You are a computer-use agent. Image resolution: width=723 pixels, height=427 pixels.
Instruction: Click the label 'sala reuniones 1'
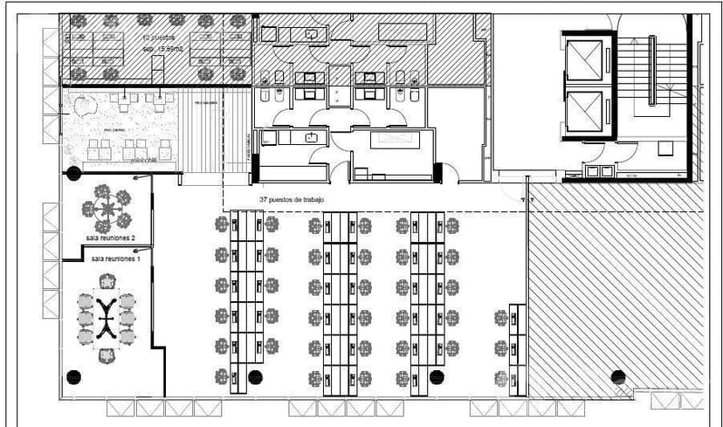[x=114, y=260]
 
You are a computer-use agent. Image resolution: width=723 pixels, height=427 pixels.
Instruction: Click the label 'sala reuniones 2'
[x=110, y=237]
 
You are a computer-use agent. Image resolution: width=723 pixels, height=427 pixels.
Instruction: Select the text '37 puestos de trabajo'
[x=292, y=200]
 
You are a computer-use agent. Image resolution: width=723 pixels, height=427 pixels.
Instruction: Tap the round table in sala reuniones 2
[x=107, y=209]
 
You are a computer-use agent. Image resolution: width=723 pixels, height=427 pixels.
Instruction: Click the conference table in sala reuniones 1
[x=107, y=318]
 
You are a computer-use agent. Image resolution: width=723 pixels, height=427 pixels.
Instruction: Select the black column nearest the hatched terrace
[x=618, y=377]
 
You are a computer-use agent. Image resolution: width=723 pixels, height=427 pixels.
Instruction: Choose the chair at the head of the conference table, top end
[x=107, y=281]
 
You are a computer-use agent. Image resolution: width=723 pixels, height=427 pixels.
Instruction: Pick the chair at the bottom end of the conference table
[x=107, y=355]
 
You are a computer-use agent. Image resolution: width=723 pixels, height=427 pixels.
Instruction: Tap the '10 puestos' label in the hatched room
[x=161, y=38]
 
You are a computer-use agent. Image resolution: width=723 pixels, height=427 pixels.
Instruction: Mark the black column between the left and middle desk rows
[x=255, y=377]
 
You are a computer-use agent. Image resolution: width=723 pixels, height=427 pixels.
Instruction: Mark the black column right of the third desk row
[x=437, y=376]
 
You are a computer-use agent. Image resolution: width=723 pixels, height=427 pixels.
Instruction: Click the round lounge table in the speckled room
[x=85, y=108]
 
